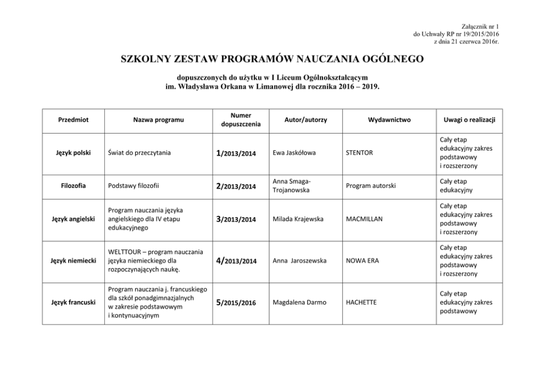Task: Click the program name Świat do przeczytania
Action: pos(139,153)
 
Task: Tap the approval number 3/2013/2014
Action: pos(236,219)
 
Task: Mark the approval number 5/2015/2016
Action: pos(236,302)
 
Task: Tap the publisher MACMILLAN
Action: pos(364,219)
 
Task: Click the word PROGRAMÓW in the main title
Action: pos(252,59)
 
